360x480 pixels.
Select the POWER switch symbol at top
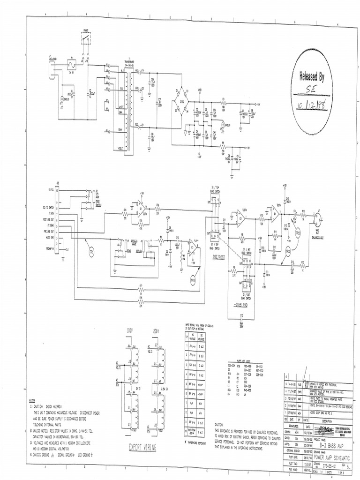pyautogui.click(x=86, y=39)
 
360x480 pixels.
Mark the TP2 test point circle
pyautogui.click(x=193, y=279)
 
